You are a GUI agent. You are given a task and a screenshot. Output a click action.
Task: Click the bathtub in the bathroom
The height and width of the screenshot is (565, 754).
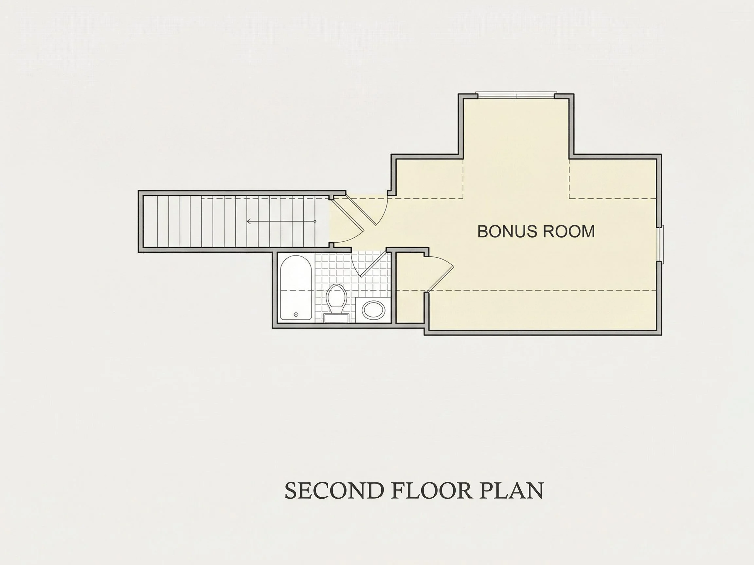coord(296,288)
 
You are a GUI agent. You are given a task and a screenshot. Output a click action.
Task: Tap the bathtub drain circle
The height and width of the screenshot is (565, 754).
coord(296,314)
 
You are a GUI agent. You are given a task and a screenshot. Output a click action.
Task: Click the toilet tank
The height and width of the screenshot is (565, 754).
coord(336,318)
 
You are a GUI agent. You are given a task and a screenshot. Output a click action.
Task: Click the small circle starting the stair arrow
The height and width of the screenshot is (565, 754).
coord(315,221)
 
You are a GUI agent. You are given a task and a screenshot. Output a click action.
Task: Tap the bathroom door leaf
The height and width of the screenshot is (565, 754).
coord(373,264)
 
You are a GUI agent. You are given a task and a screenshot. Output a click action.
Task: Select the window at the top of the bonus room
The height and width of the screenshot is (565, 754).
coord(516,96)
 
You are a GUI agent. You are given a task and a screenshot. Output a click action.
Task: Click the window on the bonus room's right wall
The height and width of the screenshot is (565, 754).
coord(661,244)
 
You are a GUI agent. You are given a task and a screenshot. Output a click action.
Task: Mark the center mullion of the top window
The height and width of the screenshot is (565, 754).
coord(516,96)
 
